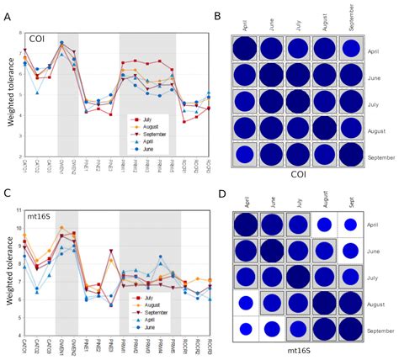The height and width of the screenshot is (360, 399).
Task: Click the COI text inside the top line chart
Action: tap(37, 38)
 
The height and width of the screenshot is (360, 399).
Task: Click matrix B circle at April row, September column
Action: tap(352, 50)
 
